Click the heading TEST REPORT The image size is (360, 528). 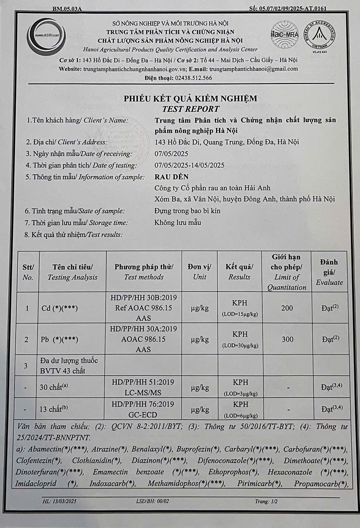(x=190, y=109)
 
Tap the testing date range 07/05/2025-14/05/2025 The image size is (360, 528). (x=189, y=166)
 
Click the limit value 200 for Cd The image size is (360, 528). (x=287, y=308)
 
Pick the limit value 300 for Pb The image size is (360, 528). (x=287, y=339)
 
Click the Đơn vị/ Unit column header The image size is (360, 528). (x=199, y=272)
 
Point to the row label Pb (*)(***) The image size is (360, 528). (x=60, y=340)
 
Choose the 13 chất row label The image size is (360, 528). (x=54, y=409)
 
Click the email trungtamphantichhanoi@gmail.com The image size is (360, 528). (x=254, y=69)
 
